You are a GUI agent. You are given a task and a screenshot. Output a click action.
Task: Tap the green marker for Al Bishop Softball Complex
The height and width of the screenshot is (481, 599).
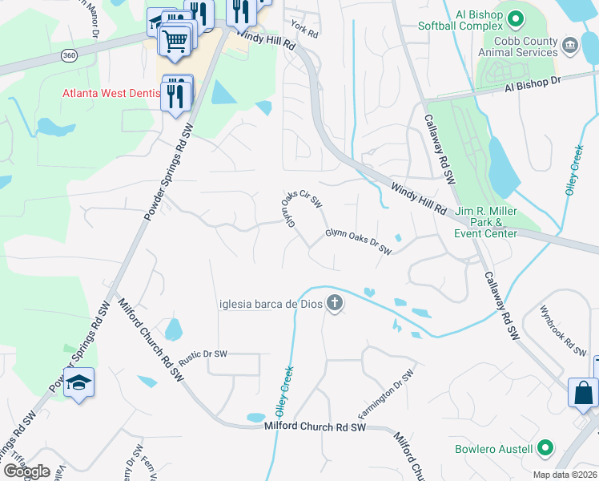coord(516,16)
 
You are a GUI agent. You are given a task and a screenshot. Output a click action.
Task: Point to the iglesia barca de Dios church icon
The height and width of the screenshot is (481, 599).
coord(335,303)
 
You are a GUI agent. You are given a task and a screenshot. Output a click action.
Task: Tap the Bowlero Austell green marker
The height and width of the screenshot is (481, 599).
coord(546,447)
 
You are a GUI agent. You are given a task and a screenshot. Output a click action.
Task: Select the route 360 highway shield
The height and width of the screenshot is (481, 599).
coord(69,55)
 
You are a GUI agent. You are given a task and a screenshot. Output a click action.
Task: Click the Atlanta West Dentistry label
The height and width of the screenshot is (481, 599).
coord(112,93)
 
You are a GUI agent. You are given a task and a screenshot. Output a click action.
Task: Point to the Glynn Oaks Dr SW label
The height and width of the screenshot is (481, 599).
coord(358,242)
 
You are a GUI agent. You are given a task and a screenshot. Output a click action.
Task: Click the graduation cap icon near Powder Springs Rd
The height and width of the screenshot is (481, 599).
coord(79,383)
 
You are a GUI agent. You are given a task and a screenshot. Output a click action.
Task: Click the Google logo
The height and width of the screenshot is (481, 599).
coord(26,471)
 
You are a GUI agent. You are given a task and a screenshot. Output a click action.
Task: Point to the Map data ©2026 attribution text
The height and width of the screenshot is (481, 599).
coord(564,475)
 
